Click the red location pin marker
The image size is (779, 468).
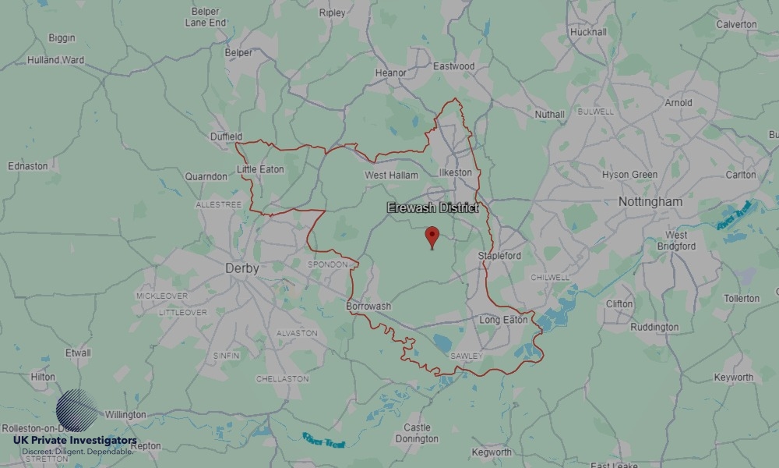coord(432,236)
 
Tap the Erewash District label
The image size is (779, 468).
coord(432,208)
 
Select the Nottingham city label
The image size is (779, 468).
coord(650,202)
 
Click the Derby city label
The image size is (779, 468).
coord(241,268)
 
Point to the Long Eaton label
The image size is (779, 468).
coord(503,320)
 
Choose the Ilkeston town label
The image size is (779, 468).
coord(456,172)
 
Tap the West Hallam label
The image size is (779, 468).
coord(391,175)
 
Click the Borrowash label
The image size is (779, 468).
coord(368,307)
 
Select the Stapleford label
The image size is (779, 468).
coord(499,256)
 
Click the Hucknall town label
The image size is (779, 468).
coord(588,33)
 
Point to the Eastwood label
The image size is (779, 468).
coord(453,66)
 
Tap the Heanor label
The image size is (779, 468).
coord(390,73)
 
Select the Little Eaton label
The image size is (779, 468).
coord(260,169)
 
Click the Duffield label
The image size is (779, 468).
coord(226,136)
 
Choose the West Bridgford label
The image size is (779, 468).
coord(676,240)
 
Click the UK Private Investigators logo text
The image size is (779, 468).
coord(75,441)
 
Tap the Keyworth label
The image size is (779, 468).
coord(733,378)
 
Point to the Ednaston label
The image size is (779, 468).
coord(27,166)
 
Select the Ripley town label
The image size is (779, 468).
coord(332,13)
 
